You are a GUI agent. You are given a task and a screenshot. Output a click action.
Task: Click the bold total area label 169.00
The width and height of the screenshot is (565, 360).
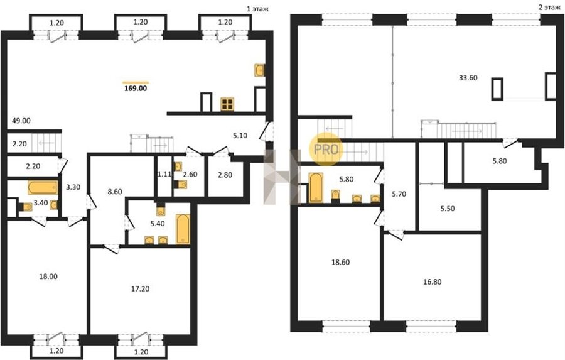point(136,89)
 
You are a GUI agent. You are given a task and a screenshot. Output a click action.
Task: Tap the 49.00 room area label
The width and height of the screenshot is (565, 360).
point(21,121)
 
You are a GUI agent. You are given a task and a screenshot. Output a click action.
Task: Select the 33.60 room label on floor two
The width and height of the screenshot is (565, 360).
point(468,78)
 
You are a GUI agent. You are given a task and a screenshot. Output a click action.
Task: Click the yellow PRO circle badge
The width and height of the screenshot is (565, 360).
point(326,149)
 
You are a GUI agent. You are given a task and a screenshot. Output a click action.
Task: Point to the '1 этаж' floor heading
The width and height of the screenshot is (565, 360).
point(257,9)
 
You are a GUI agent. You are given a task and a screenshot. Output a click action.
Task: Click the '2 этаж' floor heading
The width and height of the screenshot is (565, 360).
point(550,7)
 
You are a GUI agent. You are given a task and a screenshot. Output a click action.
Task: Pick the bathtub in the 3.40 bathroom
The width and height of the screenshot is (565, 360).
point(43,188)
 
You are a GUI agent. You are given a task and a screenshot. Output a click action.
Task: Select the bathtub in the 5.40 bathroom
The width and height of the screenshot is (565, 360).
point(183,229)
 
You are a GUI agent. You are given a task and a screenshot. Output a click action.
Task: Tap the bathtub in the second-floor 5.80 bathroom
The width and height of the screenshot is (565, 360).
point(316,188)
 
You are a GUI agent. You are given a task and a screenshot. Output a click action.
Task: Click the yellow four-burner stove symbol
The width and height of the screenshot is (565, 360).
point(227,104)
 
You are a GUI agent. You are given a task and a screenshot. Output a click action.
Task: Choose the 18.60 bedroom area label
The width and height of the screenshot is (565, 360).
point(340,262)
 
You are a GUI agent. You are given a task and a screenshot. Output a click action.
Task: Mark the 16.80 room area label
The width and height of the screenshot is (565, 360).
point(433,281)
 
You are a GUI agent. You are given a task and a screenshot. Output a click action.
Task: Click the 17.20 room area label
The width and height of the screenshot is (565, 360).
point(140,288)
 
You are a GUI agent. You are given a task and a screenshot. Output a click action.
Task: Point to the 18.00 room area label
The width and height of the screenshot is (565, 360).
point(48,276)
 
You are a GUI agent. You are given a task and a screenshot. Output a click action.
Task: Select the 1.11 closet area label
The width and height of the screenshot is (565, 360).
point(164,174)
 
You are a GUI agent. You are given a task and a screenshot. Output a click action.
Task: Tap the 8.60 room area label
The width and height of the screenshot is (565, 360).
point(115,192)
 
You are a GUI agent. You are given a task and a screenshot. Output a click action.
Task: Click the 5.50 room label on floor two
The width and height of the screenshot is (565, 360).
point(448,209)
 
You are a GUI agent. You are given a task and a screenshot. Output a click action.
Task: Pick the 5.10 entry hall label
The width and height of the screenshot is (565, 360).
point(240,136)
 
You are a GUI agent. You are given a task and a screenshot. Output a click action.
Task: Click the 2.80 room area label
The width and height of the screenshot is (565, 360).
point(225,175)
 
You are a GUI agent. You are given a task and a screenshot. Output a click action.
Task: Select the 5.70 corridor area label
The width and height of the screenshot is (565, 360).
point(399,194)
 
